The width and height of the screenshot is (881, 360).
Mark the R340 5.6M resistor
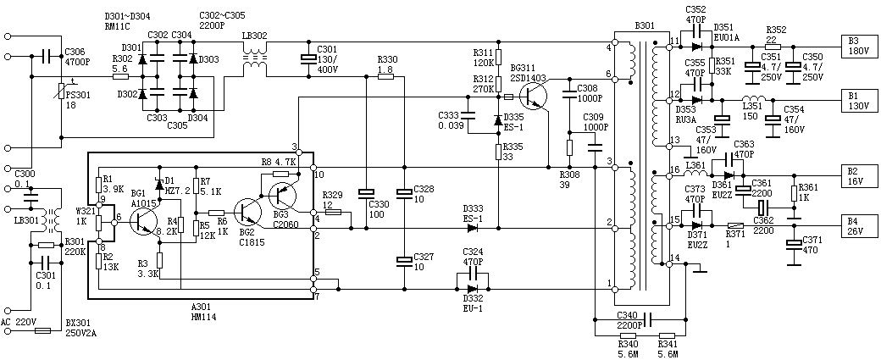tap(626, 335)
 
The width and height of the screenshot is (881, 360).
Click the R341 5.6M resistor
tap(668, 335)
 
